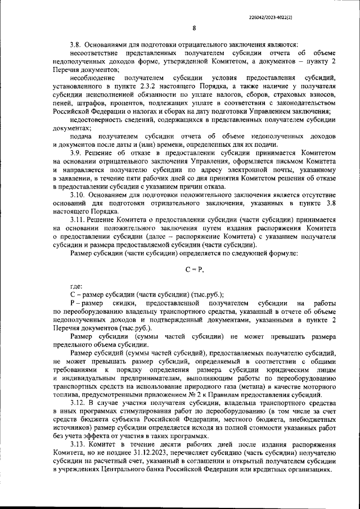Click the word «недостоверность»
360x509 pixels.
point(97,119)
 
